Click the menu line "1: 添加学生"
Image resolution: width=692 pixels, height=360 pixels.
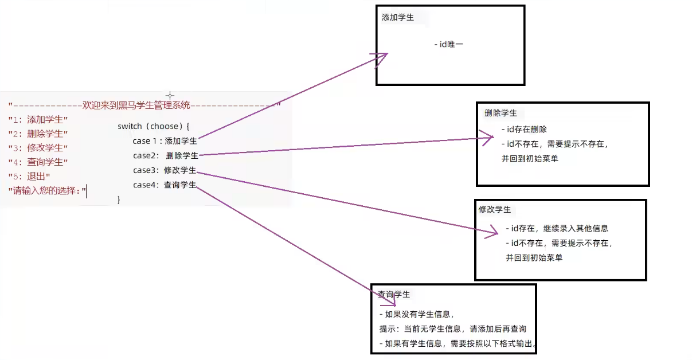tap(38, 119)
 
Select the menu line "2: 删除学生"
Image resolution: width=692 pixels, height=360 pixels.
tap(38, 134)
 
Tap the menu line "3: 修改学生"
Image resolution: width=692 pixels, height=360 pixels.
tap(38, 148)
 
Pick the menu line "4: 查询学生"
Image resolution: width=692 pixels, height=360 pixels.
tap(38, 162)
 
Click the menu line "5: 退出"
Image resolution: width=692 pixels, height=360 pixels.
tap(29, 177)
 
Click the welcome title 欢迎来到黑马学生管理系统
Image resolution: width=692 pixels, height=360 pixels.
tap(136, 105)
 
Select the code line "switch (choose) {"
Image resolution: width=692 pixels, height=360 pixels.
tap(153, 126)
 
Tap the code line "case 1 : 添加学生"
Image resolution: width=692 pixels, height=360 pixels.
tap(165, 141)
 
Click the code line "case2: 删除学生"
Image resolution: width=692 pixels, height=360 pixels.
tap(166, 155)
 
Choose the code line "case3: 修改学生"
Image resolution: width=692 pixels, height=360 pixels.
tap(165, 170)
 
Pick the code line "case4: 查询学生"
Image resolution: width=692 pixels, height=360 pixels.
tap(165, 185)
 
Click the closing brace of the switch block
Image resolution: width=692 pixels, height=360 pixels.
tap(119, 199)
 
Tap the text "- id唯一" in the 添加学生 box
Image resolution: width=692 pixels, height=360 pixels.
tap(448, 44)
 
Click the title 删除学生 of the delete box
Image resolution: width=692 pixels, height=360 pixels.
tap(501, 113)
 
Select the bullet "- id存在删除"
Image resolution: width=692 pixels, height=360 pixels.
tap(524, 130)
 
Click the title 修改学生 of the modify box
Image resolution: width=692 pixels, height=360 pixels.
tap(495, 210)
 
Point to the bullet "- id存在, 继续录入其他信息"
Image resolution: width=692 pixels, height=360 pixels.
tap(557, 228)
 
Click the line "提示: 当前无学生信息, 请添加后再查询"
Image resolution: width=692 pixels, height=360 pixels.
tap(453, 329)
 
